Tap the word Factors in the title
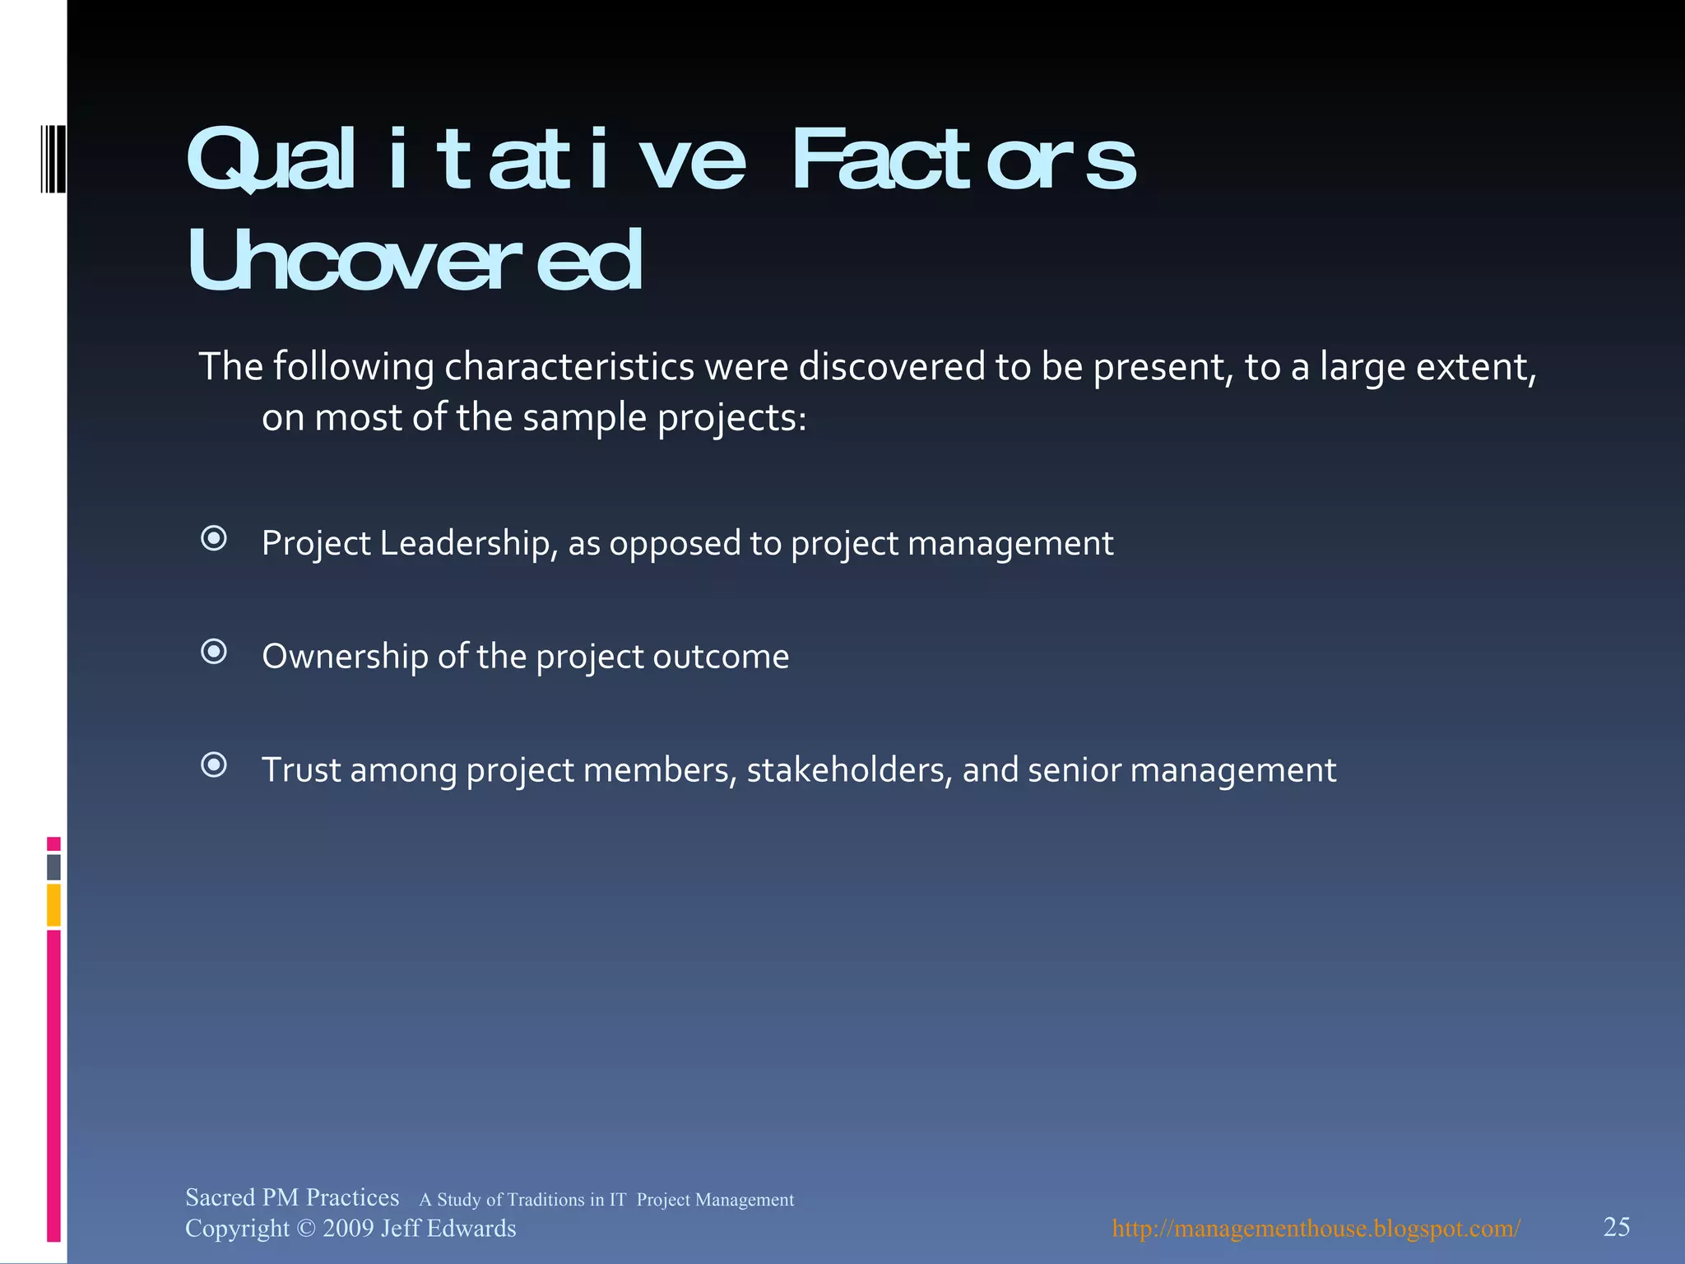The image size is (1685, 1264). (963, 160)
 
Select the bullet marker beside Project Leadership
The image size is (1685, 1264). (214, 539)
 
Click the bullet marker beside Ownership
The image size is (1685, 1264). (214, 653)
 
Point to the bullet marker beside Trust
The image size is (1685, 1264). (214, 766)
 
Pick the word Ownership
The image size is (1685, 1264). (345, 657)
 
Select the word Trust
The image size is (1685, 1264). (301, 770)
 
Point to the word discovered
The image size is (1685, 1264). (892, 367)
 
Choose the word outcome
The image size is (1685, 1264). (721, 657)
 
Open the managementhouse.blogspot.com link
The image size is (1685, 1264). (1316, 1229)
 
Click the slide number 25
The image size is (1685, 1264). (1617, 1227)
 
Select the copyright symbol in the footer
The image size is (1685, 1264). (305, 1229)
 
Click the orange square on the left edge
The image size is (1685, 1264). (53, 904)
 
